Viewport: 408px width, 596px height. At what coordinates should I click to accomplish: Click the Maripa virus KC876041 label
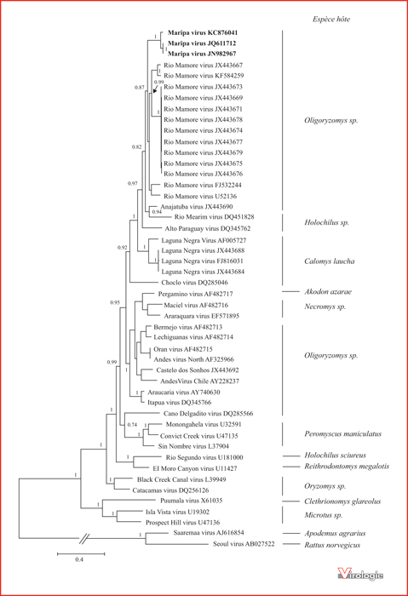point(203,32)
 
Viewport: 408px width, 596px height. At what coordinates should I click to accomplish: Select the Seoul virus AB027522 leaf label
point(244,544)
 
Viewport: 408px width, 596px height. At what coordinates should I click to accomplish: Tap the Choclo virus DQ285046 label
point(195,283)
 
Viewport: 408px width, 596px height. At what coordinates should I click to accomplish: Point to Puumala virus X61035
point(192,501)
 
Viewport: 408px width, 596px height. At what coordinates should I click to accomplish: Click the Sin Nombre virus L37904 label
point(193,446)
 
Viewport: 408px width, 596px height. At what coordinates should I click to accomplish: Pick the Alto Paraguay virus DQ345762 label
point(208,228)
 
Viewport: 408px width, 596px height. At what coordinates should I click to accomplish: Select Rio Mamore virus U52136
point(200,196)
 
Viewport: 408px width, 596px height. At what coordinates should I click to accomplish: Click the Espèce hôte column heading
point(331,19)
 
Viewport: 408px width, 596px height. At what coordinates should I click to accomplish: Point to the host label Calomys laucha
point(330,261)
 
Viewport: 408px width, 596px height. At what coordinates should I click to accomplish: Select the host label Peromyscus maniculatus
point(342,433)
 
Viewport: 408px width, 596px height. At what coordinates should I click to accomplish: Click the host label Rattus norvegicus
point(332,545)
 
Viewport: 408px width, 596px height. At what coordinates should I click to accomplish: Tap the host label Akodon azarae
point(328,291)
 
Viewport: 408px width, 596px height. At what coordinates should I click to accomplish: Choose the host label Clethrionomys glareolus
point(342,501)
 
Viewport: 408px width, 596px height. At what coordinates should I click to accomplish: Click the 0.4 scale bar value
point(79,559)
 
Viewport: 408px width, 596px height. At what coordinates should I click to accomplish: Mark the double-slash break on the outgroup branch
point(84,538)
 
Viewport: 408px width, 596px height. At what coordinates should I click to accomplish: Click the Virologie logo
point(360,574)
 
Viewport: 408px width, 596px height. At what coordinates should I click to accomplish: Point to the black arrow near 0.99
point(156,89)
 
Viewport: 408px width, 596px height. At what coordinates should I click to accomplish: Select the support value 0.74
point(132,425)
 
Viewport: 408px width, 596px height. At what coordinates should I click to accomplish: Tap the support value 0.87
point(139,88)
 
